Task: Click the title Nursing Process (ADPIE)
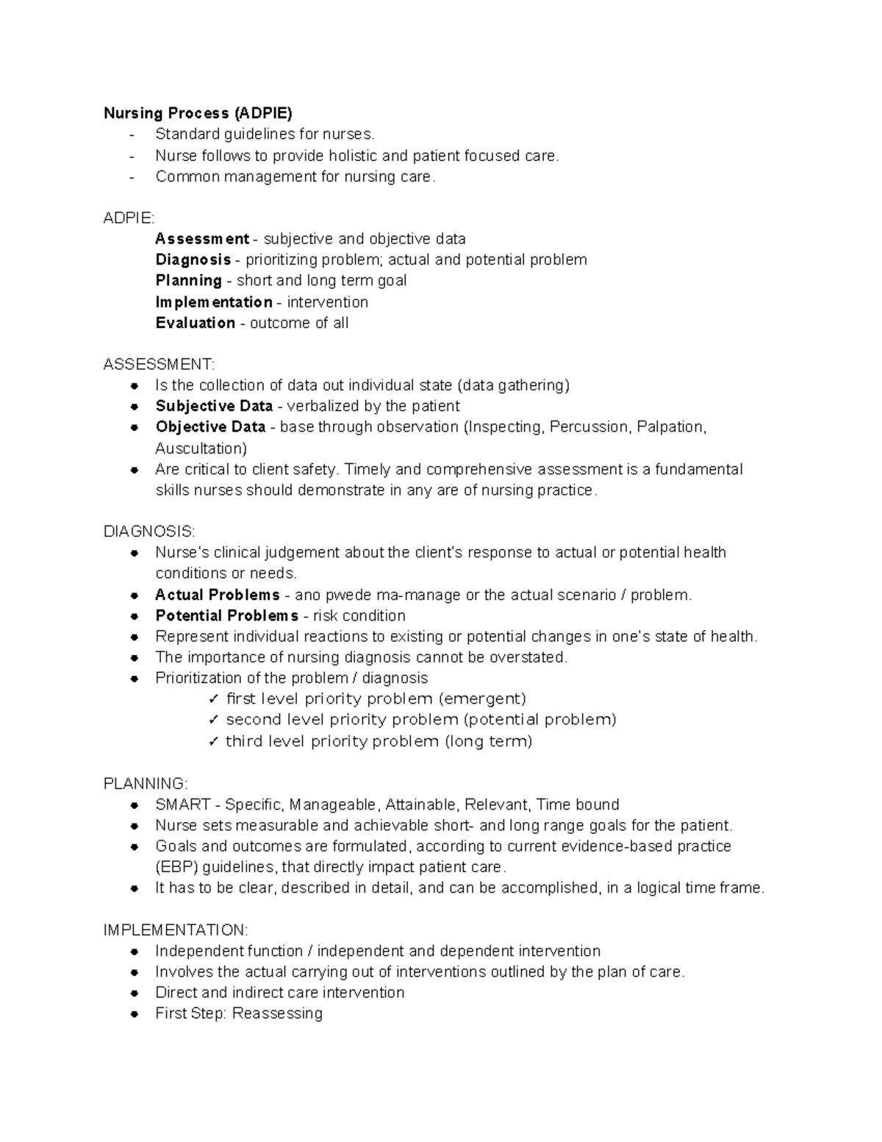(x=198, y=113)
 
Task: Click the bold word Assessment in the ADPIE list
(x=202, y=239)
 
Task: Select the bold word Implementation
(x=214, y=302)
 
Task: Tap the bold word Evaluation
(x=196, y=323)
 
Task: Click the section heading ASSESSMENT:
(x=159, y=365)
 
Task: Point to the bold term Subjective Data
(x=214, y=407)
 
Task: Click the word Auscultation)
(x=201, y=449)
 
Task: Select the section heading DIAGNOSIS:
(x=149, y=532)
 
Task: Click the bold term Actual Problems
(x=218, y=595)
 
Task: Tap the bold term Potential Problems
(x=226, y=615)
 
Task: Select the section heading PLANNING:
(x=146, y=784)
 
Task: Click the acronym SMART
(x=183, y=804)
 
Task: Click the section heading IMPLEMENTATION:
(x=176, y=930)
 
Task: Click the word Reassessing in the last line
(x=277, y=1013)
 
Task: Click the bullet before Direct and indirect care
(x=134, y=993)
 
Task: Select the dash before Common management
(x=132, y=176)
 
